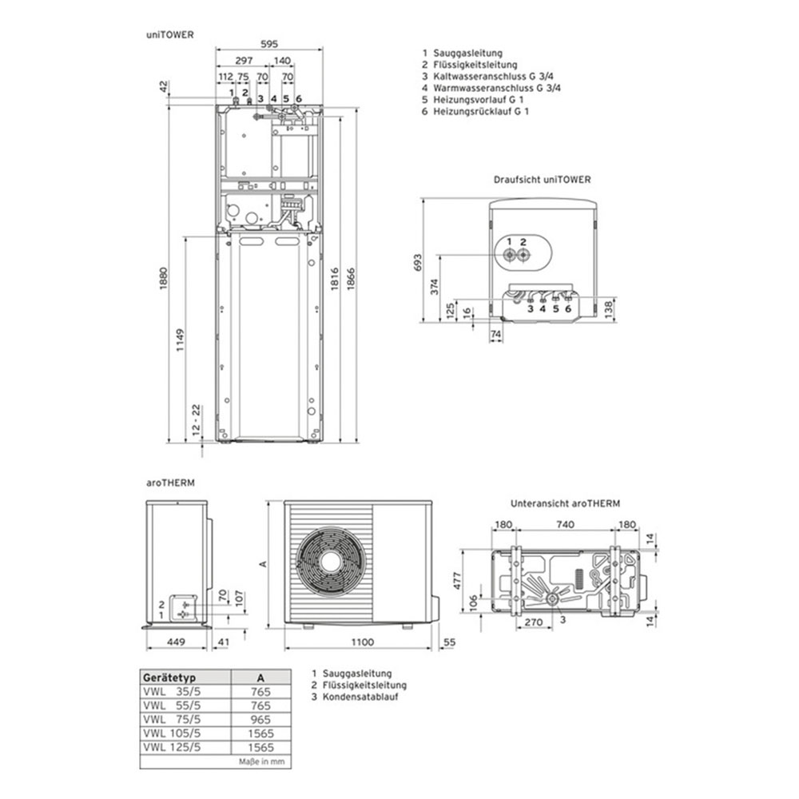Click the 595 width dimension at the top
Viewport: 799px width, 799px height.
click(x=268, y=46)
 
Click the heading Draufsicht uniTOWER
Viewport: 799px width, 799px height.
click(x=543, y=180)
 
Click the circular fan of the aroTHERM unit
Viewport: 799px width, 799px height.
click(x=331, y=560)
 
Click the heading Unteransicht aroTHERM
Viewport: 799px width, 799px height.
click(x=565, y=504)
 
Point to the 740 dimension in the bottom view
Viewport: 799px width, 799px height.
click(x=565, y=525)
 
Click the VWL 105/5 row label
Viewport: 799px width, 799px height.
click(x=171, y=733)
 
